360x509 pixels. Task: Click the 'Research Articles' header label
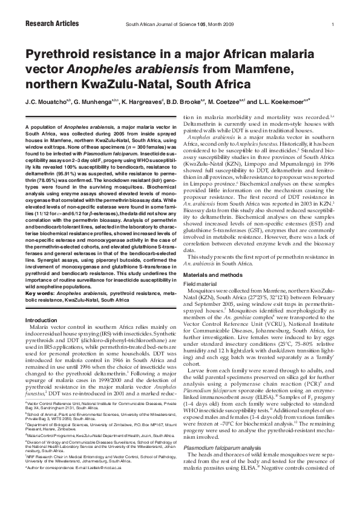52,24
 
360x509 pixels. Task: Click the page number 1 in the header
333,25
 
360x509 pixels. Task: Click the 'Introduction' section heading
44,319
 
